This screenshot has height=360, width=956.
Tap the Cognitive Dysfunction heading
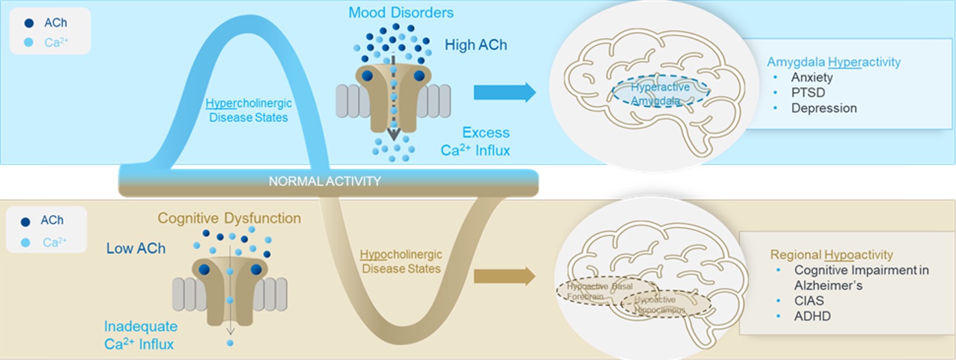229,218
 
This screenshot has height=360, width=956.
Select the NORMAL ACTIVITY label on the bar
324,182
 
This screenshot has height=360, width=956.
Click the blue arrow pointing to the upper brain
504,92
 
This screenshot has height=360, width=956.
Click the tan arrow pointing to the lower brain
504,277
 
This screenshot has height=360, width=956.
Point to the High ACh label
476,45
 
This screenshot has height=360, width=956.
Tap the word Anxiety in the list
812,78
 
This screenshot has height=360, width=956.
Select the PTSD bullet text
808,93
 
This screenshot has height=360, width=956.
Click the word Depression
824,108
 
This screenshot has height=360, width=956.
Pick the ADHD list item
812,316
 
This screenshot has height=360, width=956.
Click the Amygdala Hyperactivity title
833,62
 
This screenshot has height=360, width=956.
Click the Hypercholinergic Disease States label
248,110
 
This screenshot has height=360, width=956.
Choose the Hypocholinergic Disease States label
401,262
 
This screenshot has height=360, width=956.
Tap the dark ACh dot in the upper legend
29,23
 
